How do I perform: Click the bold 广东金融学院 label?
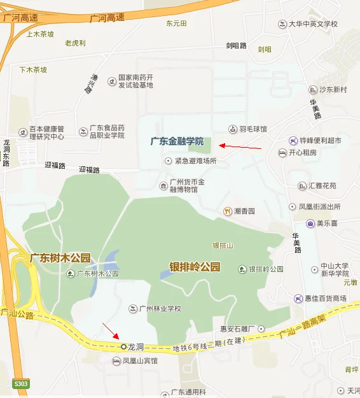pyautogui.click(x=177, y=141)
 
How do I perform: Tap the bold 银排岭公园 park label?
pyautogui.click(x=194, y=267)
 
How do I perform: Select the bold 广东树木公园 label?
pyautogui.click(x=60, y=258)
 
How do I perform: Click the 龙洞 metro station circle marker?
pyautogui.click(x=123, y=346)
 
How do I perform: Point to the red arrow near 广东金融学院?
pyautogui.click(x=240, y=146)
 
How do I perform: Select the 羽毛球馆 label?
pyautogui.click(x=253, y=129)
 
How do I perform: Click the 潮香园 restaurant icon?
pyautogui.click(x=227, y=211)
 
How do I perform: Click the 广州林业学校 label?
pyautogui.click(x=160, y=309)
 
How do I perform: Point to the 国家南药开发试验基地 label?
pyautogui.click(x=135, y=82)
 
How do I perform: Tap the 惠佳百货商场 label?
pyautogui.click(x=326, y=299)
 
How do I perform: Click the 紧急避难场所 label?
pyautogui.click(x=196, y=161)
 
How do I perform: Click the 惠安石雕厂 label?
pyautogui.click(x=237, y=329)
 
